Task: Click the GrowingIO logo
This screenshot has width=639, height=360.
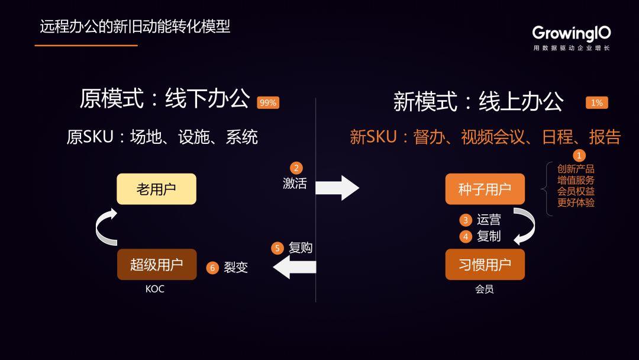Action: (x=571, y=34)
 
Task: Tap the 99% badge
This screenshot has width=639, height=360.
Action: (x=268, y=102)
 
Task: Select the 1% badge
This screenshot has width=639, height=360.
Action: (x=597, y=102)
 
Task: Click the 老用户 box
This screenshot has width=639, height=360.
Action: (x=156, y=189)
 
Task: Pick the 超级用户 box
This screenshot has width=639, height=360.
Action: (x=156, y=264)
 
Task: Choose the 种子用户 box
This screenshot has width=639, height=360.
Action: (x=485, y=189)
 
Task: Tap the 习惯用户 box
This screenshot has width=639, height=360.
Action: (x=485, y=264)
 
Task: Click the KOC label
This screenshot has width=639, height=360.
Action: (x=155, y=290)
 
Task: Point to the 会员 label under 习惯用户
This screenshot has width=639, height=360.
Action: (x=484, y=290)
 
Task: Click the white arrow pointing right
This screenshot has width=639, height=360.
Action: (x=337, y=188)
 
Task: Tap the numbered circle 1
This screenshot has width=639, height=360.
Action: (x=579, y=156)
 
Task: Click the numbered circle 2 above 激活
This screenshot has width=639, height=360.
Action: (x=296, y=168)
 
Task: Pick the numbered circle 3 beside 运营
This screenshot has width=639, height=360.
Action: (x=466, y=220)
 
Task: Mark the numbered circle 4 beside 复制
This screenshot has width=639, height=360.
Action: (x=466, y=236)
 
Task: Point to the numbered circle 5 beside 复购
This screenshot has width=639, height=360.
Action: (x=277, y=248)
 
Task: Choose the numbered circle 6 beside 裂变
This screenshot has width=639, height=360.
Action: (x=212, y=268)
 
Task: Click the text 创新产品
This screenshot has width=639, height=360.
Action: (x=576, y=169)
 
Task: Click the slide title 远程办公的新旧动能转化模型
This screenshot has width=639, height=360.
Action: (x=135, y=27)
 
